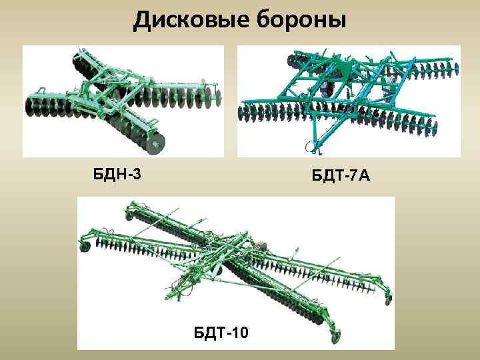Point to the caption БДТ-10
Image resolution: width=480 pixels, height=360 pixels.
coord(221,331)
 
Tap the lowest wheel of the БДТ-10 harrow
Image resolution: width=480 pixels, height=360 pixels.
coord(337,335)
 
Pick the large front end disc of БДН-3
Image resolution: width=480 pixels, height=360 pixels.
coord(155,141)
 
